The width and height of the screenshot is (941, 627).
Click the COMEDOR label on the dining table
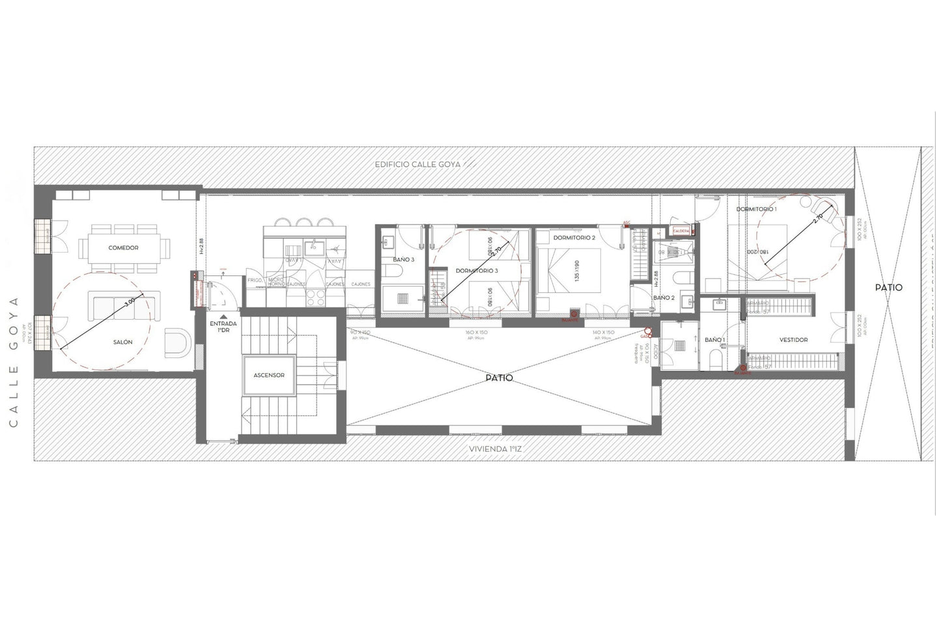(x=123, y=248)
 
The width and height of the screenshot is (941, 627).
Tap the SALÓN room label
(x=122, y=342)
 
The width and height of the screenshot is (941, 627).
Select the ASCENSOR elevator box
(x=270, y=376)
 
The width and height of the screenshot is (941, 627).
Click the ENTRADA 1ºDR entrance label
(x=223, y=326)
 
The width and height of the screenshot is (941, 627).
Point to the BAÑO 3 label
(x=403, y=260)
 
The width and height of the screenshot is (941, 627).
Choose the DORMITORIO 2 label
(x=574, y=238)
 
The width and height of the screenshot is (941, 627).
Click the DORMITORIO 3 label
(x=477, y=270)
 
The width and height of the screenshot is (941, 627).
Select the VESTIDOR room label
(x=793, y=340)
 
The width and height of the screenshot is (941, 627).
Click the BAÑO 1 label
(x=714, y=340)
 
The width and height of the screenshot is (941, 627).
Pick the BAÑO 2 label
(x=663, y=298)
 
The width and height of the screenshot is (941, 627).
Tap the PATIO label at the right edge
(x=888, y=287)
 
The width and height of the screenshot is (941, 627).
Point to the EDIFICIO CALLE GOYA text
(x=417, y=165)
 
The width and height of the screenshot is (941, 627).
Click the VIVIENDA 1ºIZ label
(x=499, y=449)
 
